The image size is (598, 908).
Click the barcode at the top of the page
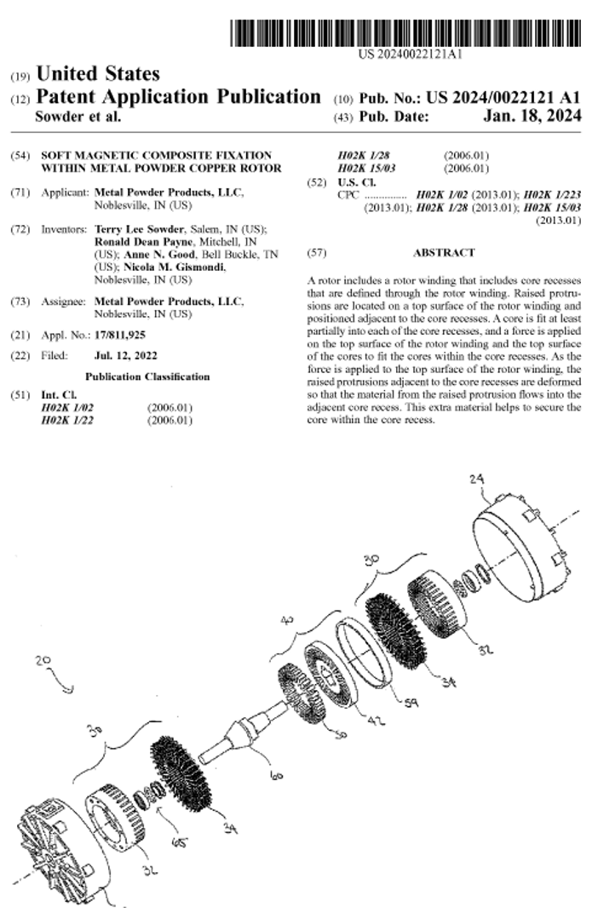405,33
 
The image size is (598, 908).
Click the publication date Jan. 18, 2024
532,117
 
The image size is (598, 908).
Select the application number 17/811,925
120,336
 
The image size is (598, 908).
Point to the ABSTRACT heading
444,253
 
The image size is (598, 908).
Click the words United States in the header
98,73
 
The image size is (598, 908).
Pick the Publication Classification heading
147,377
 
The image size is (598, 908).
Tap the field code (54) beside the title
20,155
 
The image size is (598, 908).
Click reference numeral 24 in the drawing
477,480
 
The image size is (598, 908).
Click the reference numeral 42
376,720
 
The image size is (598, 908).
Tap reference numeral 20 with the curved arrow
43,660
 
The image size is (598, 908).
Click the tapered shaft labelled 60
243,731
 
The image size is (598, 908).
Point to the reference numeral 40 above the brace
288,620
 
